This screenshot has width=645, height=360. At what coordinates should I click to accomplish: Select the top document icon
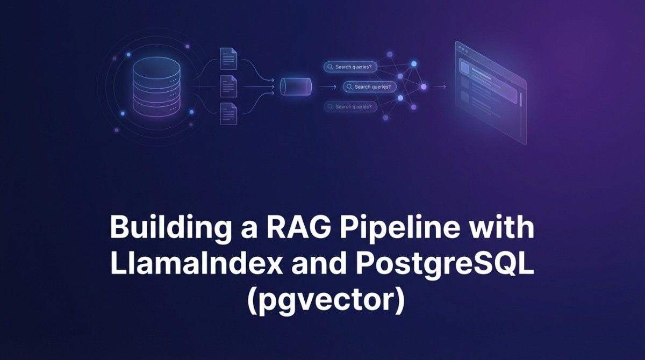(228, 58)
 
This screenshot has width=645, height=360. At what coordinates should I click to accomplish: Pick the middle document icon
(228, 86)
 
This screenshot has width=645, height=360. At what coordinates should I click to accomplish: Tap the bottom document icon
(228, 113)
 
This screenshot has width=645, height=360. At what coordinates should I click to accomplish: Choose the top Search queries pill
(350, 67)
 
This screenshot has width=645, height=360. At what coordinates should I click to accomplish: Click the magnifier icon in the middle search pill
(349, 87)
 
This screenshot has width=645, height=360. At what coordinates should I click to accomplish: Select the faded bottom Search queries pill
(350, 107)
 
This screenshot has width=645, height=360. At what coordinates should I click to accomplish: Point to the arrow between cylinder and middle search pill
(327, 86)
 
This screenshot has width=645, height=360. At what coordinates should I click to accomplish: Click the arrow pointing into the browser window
(440, 87)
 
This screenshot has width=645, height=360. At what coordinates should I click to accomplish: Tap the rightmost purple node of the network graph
(424, 87)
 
